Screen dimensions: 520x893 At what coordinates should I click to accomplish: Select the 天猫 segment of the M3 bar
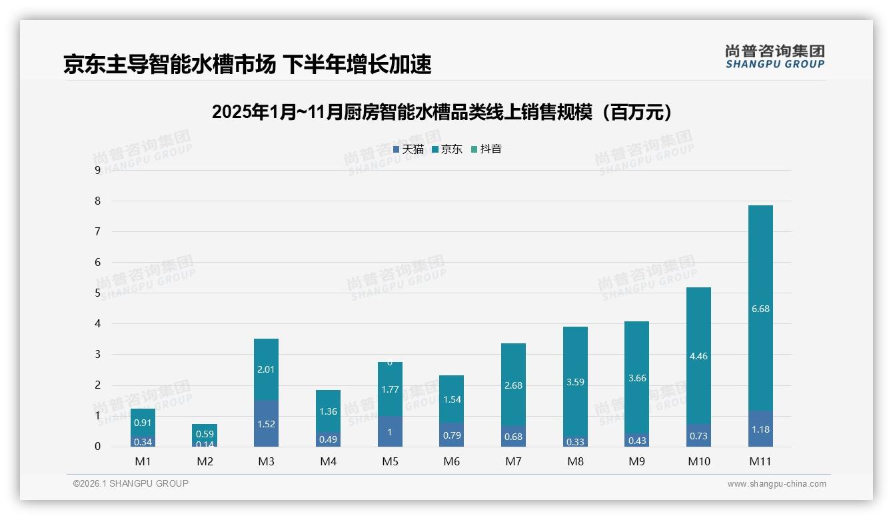[x=267, y=423]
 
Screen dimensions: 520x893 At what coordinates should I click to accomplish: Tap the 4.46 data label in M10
[x=698, y=356]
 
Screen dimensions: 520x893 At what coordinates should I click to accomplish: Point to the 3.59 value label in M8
[x=575, y=383]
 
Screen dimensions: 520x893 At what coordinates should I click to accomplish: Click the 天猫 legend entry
[x=409, y=149]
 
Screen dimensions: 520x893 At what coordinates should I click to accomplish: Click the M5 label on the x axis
[x=390, y=461]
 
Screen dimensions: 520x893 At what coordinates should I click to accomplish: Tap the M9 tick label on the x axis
[x=636, y=461]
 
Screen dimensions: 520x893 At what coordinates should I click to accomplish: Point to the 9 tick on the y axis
[x=97, y=170]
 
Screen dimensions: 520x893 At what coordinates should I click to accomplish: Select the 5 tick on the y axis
[x=97, y=293]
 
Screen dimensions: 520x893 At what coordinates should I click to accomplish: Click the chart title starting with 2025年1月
[x=445, y=112]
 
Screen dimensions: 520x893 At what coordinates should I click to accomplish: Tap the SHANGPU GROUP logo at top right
[x=774, y=57]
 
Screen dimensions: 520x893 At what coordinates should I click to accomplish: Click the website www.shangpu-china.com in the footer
[x=776, y=484]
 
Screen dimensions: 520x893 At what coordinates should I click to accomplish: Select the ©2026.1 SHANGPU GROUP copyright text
[x=131, y=483]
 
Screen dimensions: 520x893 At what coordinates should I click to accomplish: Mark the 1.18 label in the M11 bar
[x=760, y=429]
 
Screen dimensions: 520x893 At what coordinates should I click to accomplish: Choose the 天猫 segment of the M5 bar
[x=390, y=432]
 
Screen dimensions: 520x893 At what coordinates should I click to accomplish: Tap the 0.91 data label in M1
[x=143, y=423]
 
